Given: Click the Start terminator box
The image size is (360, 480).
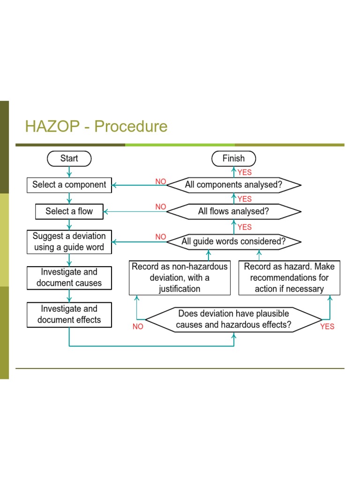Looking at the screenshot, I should pos(69,158).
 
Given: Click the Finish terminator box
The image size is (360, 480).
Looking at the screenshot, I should pos(234,158).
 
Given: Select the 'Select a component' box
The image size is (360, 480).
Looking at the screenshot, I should pos(69,185).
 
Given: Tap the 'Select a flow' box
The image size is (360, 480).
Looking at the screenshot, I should pos(69,211).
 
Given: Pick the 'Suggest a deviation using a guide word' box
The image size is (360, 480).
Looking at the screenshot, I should pos(69,241).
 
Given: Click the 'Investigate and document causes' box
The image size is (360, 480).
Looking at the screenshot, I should pos(69,277).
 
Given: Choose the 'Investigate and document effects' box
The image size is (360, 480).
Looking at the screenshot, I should pos(69,315).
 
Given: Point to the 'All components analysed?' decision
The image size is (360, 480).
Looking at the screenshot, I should pos(234,185).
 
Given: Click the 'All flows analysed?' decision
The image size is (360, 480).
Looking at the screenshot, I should pos(234,211).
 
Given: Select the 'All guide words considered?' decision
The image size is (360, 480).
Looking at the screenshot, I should pos(234,242).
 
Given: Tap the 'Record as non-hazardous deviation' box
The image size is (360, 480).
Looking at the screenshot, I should pos(180,277).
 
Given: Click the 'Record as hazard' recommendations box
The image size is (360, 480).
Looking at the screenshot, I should pos(289,277).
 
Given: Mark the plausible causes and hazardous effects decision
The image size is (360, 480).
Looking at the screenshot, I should pos(234,319).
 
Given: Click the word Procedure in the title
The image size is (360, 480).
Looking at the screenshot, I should pos(131,127).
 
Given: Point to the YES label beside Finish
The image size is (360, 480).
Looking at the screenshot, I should pos(245,172).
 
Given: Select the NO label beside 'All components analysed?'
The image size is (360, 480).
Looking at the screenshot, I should pos(161,181).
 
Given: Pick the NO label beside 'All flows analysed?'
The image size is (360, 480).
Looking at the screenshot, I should pos(161,207).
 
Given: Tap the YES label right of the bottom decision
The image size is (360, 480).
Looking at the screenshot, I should pos(327,326).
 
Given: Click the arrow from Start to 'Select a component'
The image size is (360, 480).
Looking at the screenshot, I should pos(69,172).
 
